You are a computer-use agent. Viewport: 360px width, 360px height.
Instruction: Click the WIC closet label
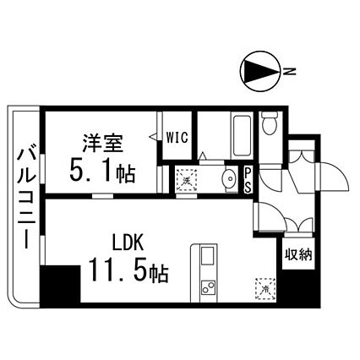click(x=177, y=138)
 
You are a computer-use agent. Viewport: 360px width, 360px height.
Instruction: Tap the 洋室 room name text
click(x=103, y=143)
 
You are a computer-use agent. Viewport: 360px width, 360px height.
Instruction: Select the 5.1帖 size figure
click(x=102, y=173)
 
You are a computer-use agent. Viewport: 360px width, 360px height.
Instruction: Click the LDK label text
click(x=128, y=243)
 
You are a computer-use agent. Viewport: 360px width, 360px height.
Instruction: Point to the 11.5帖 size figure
click(x=128, y=272)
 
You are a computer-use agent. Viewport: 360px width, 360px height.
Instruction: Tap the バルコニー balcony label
click(x=27, y=196)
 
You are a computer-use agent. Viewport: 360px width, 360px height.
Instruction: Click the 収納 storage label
click(x=298, y=254)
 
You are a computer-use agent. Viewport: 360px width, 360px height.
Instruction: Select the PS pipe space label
click(x=248, y=180)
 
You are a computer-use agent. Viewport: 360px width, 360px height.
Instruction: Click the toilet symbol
click(x=270, y=123)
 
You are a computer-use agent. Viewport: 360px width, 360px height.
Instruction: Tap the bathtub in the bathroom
click(x=242, y=136)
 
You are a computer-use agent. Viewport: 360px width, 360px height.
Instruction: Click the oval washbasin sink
click(x=231, y=178)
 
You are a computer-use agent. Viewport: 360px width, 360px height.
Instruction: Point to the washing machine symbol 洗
click(x=186, y=181)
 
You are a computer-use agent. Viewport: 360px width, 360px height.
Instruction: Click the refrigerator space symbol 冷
click(x=265, y=289)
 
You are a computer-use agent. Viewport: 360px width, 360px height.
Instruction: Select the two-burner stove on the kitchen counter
click(x=208, y=286)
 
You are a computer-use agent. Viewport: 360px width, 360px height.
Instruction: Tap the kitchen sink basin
click(x=207, y=256)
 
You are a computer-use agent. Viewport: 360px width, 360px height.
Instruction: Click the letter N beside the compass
click(x=290, y=71)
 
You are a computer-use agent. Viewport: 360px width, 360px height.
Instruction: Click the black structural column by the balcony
click(x=60, y=284)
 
